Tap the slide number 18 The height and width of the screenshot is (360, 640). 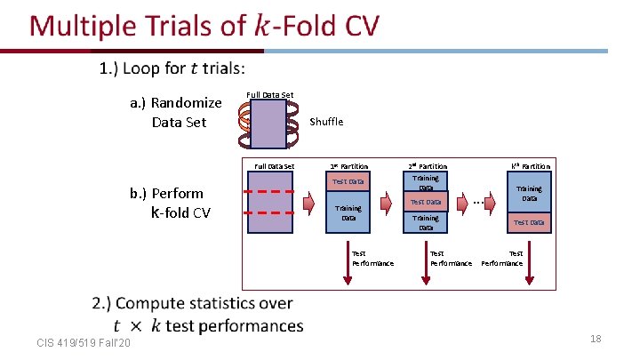tap(596, 339)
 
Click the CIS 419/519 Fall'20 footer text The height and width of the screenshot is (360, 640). tap(84, 343)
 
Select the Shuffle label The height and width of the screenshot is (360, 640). tap(326, 122)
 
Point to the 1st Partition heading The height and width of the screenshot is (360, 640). tap(348, 166)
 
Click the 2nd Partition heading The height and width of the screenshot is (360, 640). tap(427, 166)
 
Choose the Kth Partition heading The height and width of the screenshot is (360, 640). tap(530, 166)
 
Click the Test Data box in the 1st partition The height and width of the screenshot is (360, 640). tap(348, 182)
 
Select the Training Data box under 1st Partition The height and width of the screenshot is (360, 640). tap(348, 212)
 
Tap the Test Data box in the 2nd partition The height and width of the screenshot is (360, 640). tap(426, 203)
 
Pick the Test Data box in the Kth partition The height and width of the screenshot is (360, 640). tap(530, 222)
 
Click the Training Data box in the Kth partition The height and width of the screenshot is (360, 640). tap(530, 193)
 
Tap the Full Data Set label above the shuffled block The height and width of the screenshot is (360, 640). tap(268, 95)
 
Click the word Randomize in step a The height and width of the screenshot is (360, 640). tap(187, 103)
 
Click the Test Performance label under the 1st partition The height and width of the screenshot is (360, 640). tap(372, 259)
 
